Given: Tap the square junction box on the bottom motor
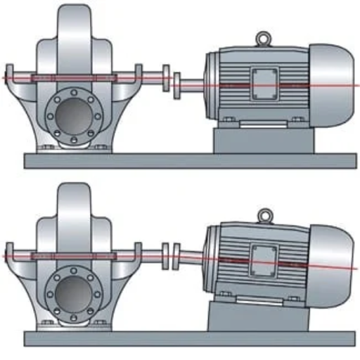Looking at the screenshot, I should pos(262,257).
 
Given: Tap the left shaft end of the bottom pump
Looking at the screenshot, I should pos(8,252).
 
